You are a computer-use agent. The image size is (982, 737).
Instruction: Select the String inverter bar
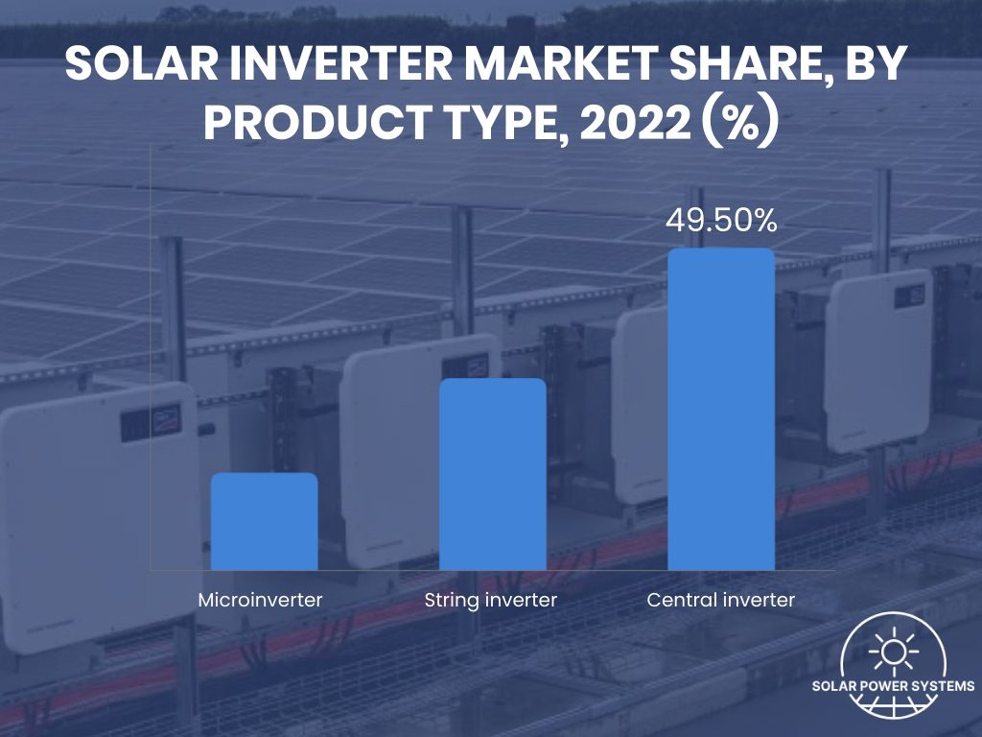(492, 474)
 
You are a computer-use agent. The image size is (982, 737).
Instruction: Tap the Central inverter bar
(720, 409)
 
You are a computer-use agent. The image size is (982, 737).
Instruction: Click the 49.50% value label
(720, 222)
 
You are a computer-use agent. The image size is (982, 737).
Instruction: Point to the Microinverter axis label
(260, 601)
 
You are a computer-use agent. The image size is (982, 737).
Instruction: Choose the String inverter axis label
(490, 601)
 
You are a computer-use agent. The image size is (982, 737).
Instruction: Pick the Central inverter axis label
(720, 601)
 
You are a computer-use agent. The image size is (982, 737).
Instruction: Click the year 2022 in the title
(624, 126)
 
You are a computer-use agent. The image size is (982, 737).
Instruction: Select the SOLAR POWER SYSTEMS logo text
(893, 686)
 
